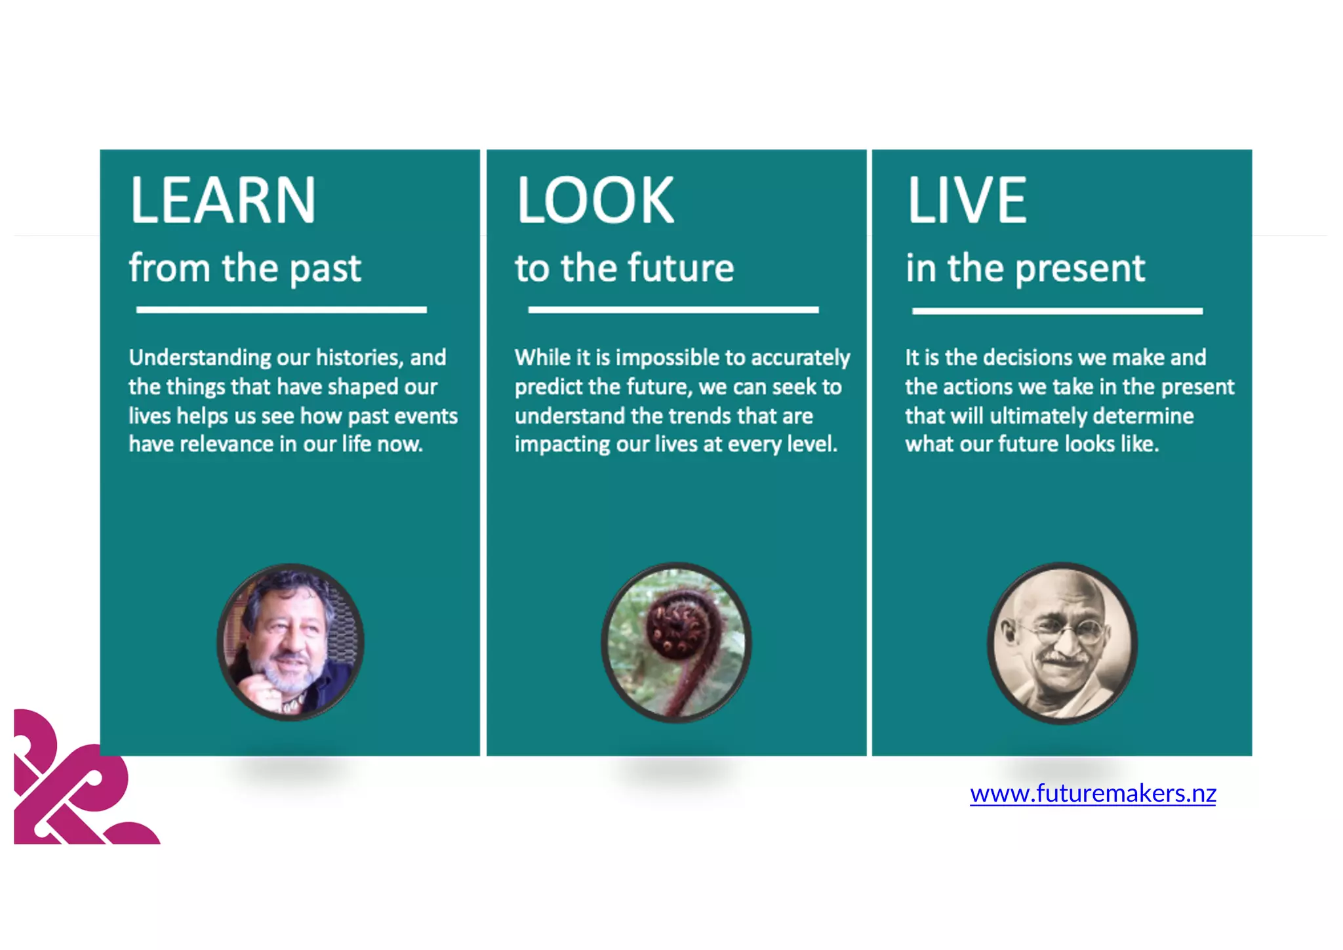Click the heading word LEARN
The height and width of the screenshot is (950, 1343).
(x=223, y=200)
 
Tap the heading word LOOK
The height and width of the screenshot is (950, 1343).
(x=595, y=200)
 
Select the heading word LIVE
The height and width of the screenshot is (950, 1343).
(x=967, y=200)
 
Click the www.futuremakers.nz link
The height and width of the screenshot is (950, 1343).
(x=1092, y=794)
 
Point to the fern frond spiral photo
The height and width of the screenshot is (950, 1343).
(x=677, y=642)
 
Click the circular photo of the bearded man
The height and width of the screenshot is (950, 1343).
(x=291, y=642)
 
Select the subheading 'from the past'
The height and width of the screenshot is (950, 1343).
(x=245, y=268)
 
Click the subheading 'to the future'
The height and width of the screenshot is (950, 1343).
(x=624, y=268)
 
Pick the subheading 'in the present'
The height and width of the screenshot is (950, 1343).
(x=1025, y=268)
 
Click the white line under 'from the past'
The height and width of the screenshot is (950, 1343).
(x=281, y=310)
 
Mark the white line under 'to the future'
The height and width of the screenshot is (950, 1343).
(x=673, y=310)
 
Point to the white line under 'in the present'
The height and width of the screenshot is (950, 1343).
(x=1057, y=311)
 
